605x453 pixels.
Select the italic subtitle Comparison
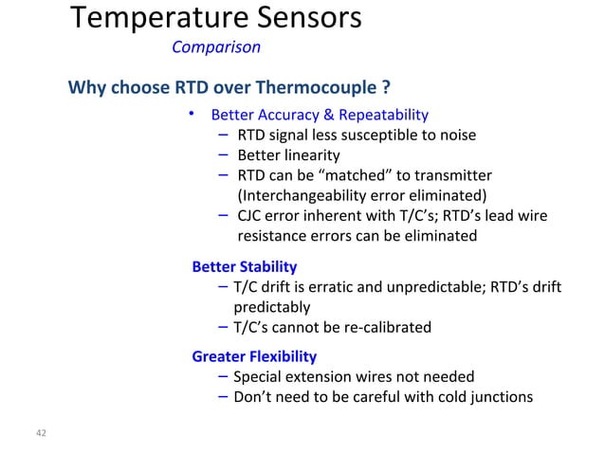click(x=216, y=46)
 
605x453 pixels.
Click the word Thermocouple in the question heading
click(x=324, y=90)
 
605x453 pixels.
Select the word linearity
click(x=308, y=155)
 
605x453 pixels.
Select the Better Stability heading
click(x=244, y=266)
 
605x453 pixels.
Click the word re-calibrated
click(x=385, y=328)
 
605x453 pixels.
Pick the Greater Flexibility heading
click(x=254, y=357)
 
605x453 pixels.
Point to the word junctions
click(x=498, y=397)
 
